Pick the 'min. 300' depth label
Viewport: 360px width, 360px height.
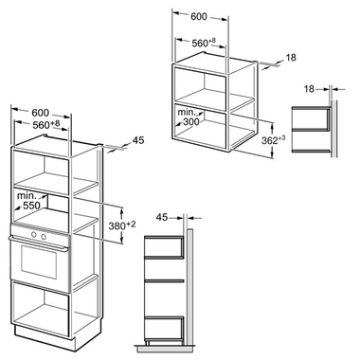pos(189,117)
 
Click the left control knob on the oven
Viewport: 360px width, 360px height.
pos(32,235)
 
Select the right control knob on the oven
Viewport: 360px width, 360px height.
pos(43,235)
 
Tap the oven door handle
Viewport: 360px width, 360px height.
pos(38,245)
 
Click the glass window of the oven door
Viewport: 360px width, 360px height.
pos(38,261)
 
